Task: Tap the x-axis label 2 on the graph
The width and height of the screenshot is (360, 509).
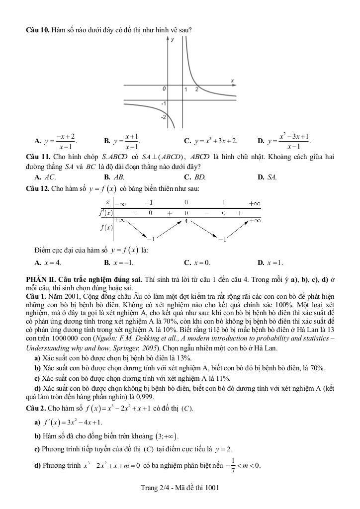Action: (196, 89)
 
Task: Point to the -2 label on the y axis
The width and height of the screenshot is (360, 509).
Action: (163, 118)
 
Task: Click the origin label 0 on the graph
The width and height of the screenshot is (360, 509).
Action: (164, 89)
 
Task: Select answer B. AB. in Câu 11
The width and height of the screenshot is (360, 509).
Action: (114, 176)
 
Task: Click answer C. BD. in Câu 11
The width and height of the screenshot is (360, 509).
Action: (194, 176)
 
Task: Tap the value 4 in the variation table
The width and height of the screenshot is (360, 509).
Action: (186, 220)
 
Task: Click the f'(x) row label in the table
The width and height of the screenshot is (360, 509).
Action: (106, 212)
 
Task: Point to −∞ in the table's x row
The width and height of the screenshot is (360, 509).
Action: (120, 203)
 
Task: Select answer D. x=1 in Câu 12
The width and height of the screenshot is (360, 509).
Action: (270, 262)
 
